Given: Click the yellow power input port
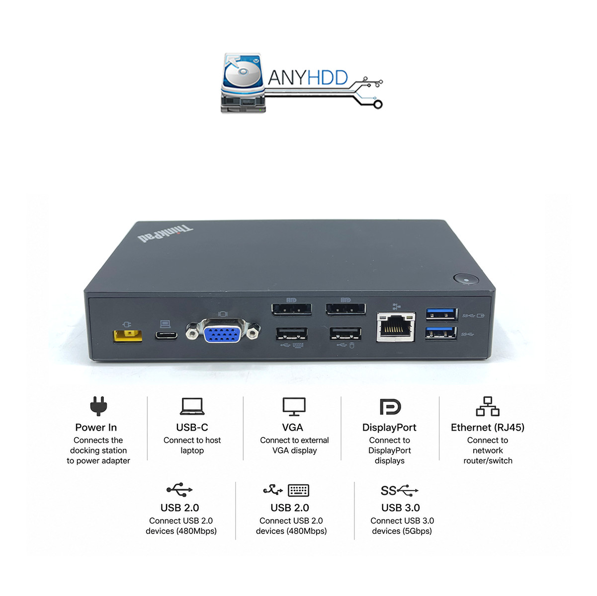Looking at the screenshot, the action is point(128,336).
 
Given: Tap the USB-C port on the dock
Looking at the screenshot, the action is point(166,335).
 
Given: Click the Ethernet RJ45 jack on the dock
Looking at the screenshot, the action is point(396,327).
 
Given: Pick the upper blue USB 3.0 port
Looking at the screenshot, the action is point(442,314).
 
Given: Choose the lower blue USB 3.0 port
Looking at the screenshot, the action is point(441,333).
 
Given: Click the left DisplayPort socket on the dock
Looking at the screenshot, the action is point(291,309).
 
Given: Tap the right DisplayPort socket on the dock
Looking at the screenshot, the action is point(345,309).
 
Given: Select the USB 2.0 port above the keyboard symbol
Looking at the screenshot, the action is point(291,334).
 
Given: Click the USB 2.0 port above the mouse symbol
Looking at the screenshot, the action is point(345,333).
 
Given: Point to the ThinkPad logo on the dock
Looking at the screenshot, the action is point(165,233).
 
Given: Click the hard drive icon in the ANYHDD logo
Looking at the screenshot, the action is point(243,83).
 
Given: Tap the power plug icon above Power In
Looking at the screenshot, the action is point(98,406).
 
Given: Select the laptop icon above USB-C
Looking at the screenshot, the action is point(192,406).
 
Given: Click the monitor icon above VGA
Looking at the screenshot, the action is point(294,406).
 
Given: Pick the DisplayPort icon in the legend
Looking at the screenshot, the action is point(390,406).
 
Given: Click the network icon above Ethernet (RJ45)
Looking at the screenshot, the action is point(487,406).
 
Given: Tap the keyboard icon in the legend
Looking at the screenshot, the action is point(298,490).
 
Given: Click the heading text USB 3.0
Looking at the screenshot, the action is point(400,508).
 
